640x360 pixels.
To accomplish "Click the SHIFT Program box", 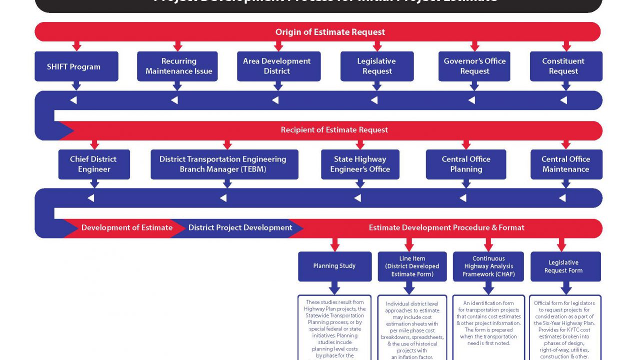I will (76, 66).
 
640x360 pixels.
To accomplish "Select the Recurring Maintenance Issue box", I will (177, 66).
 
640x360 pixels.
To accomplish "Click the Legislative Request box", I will (377, 66).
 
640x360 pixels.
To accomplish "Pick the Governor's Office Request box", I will (474, 66).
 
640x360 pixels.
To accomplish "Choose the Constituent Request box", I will (565, 66).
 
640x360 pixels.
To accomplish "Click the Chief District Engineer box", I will (94, 164).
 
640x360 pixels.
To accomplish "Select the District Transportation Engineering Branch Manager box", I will (224, 164).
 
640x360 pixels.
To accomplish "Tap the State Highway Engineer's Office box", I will (360, 164).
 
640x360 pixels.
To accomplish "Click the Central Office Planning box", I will (465, 164).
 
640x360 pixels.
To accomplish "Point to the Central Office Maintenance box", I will (566, 164).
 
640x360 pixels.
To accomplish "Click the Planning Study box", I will (334, 266).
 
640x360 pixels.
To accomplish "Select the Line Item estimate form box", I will (412, 266).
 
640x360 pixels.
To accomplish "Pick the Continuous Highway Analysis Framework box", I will (488, 266).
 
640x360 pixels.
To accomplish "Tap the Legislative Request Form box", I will (565, 266).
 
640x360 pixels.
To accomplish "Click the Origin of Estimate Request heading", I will (330, 32).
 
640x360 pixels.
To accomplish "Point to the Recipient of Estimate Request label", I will (334, 130).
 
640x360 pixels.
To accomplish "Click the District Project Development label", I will (240, 228).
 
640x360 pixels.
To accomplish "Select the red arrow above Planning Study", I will (334, 245).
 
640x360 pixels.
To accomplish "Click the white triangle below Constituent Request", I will (563, 100).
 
